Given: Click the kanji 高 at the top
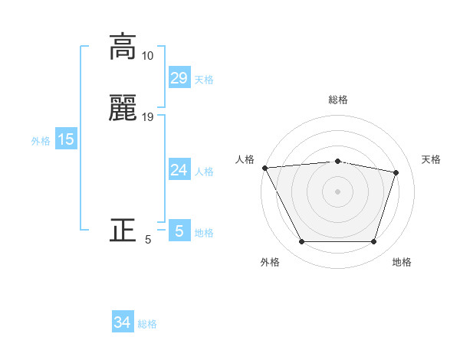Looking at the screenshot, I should (123, 47).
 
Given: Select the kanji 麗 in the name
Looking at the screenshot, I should (123, 110).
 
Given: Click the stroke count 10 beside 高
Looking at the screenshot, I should (148, 56).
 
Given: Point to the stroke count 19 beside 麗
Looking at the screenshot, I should (148, 117).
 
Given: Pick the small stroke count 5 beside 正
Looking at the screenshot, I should (148, 240).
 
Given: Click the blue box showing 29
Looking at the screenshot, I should (179, 78).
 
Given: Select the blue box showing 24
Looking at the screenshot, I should (179, 170).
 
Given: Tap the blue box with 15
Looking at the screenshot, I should (66, 139).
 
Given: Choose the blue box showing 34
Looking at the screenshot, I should (123, 322).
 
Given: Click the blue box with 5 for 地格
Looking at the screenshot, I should (179, 231).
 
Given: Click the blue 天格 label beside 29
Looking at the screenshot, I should (204, 80).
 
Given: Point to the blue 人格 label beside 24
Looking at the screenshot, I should (204, 172).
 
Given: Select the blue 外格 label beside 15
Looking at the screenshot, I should (41, 141).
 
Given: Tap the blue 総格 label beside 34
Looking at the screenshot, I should (147, 324).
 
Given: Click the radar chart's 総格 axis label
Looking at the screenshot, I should (337, 100).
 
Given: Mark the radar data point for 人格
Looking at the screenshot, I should (264, 168).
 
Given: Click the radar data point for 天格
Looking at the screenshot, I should (396, 172).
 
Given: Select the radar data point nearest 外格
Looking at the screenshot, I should (301, 242).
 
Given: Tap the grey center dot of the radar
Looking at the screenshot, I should (337, 191).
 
